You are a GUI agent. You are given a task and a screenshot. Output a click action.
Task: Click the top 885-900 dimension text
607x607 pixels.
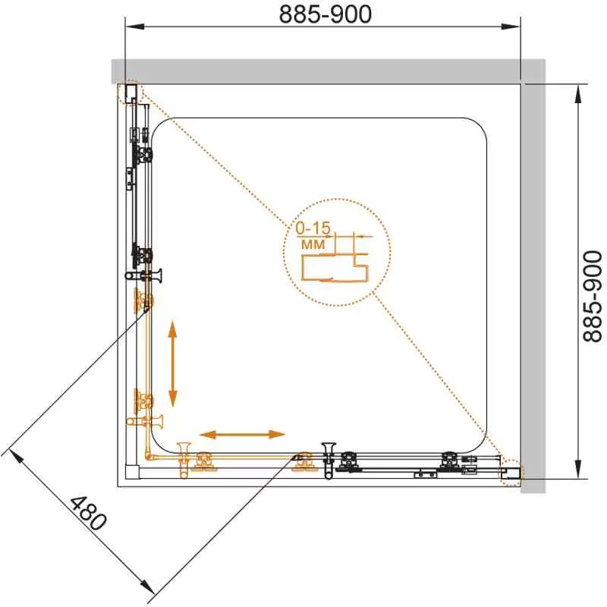pyautogui.click(x=326, y=14)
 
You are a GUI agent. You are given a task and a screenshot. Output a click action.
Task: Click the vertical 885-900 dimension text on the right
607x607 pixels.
pyautogui.click(x=593, y=296)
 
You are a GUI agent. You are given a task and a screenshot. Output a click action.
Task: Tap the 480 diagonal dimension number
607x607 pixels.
pyautogui.click(x=88, y=514)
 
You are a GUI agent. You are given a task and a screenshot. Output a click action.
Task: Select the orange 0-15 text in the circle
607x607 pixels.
pyautogui.click(x=313, y=228)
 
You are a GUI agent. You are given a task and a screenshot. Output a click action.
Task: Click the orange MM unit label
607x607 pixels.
pyautogui.click(x=313, y=244)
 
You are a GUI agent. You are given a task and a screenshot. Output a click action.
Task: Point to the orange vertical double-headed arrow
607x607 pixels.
pyautogui.click(x=173, y=363)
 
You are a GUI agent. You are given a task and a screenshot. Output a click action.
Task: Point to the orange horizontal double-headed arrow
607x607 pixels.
pyautogui.click(x=242, y=434)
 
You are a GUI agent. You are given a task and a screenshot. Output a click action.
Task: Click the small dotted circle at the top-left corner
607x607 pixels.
pyautogui.click(x=130, y=92)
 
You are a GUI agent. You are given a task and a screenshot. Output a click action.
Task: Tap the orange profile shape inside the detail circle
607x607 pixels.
pyautogui.click(x=335, y=267)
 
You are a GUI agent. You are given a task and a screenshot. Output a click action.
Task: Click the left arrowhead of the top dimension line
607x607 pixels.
pyautogui.click(x=135, y=27)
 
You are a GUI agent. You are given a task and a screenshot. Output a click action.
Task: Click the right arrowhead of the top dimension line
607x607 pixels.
pyautogui.click(x=511, y=27)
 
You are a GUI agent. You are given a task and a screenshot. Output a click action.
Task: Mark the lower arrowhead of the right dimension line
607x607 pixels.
pyautogui.click(x=578, y=469)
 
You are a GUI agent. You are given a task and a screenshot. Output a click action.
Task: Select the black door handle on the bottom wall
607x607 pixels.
pyautogui.click(x=329, y=461)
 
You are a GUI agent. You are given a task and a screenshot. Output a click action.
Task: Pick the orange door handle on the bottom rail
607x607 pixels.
pyautogui.click(x=184, y=461)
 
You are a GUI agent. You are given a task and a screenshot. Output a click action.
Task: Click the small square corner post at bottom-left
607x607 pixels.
pyautogui.click(x=132, y=472)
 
